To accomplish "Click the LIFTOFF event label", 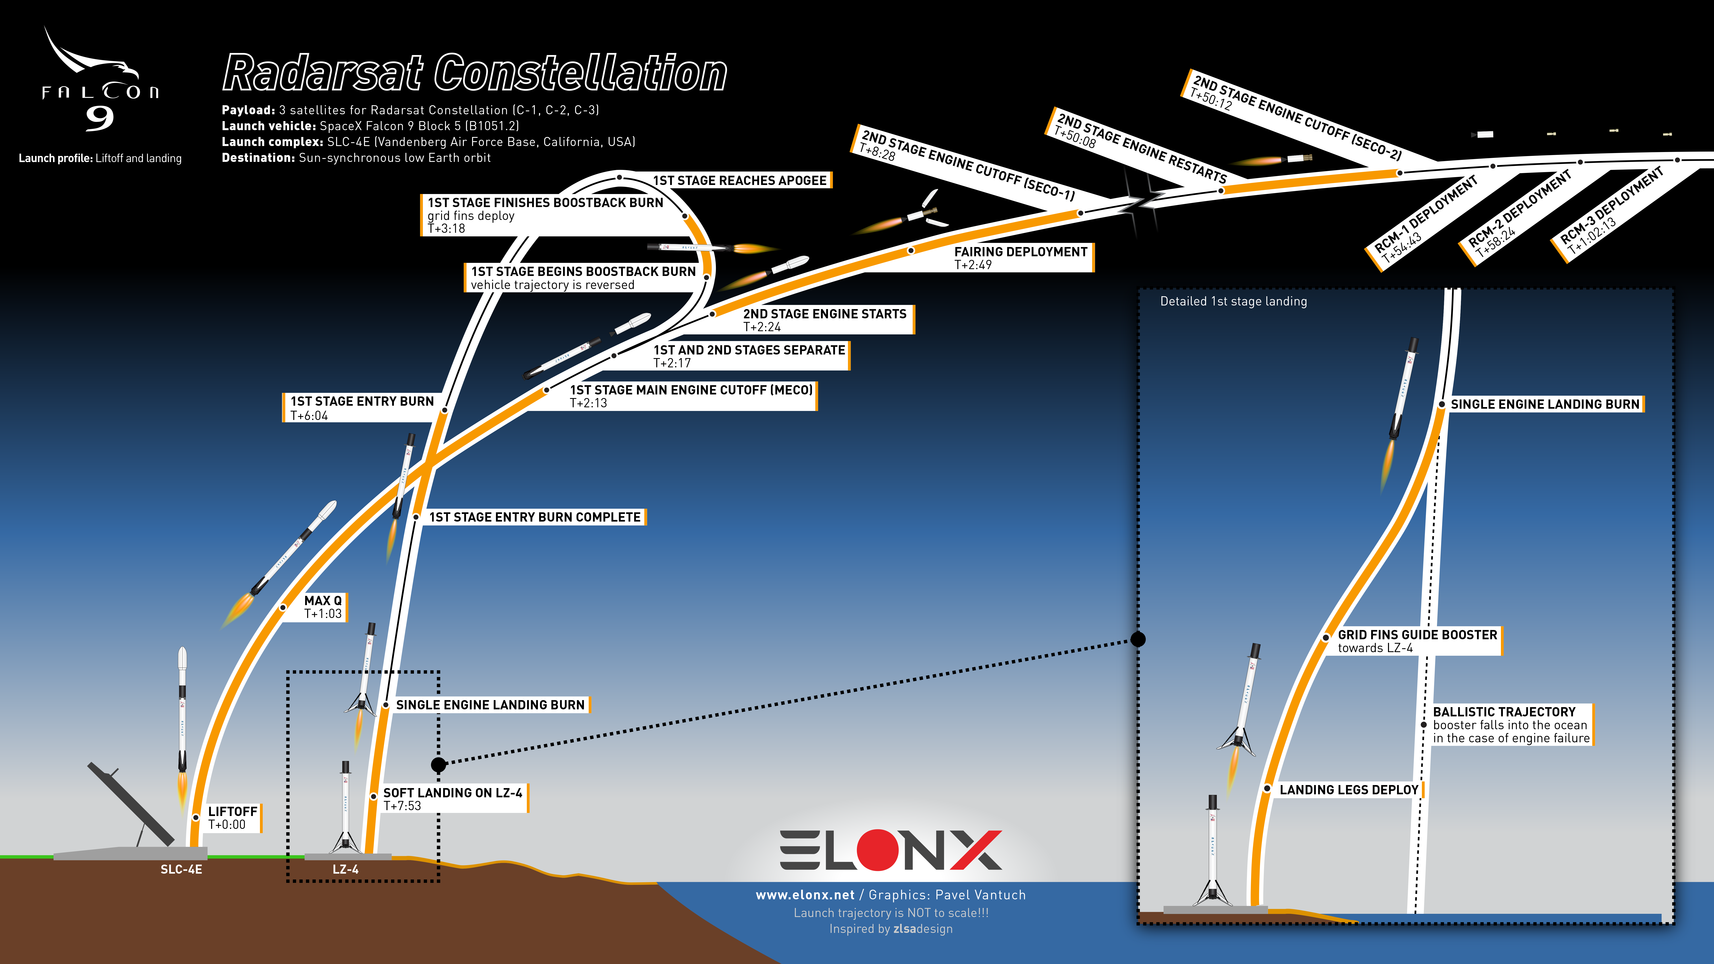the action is pos(232,812).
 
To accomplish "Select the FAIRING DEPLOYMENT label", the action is pos(1021,251).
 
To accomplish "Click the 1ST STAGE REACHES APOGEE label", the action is pos(739,180).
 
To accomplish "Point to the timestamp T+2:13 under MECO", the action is pos(588,403).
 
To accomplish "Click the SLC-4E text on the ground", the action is pos(181,870).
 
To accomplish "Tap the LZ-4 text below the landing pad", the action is pos(345,870).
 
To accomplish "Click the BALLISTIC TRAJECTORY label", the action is pos(1504,712).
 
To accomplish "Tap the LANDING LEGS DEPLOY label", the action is pos(1349,790).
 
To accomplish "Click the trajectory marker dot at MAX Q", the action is pos(283,607).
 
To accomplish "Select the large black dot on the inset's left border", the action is pos(1139,639).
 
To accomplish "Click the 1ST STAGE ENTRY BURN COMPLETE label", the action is pos(534,517).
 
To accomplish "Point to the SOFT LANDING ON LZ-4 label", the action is pos(452,793).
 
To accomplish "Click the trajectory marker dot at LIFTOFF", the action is pos(196,818).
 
